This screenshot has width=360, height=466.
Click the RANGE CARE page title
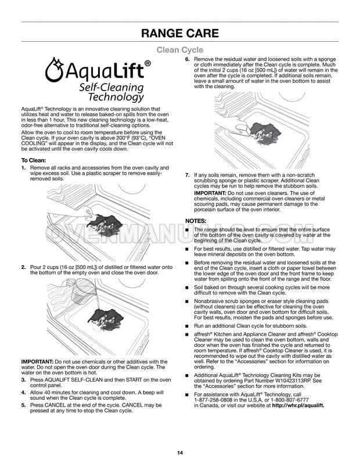pyautogui.click(x=179, y=33)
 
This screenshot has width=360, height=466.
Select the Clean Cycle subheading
pyautogui.click(x=179, y=51)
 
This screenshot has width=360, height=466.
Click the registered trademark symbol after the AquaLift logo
pyautogui.click(x=147, y=63)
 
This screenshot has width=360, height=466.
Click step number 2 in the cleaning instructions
pyautogui.click(x=23, y=267)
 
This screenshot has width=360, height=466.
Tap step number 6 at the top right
pyautogui.click(x=187, y=59)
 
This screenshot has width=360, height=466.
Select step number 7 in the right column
pyautogui.click(x=187, y=175)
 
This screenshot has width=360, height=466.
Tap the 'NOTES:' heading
pyautogui.click(x=196, y=221)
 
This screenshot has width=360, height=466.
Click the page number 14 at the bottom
pyautogui.click(x=180, y=453)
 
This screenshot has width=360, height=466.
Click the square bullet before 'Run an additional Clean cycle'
pyautogui.click(x=187, y=326)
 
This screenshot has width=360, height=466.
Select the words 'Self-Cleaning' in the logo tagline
pyautogui.click(x=112, y=87)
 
